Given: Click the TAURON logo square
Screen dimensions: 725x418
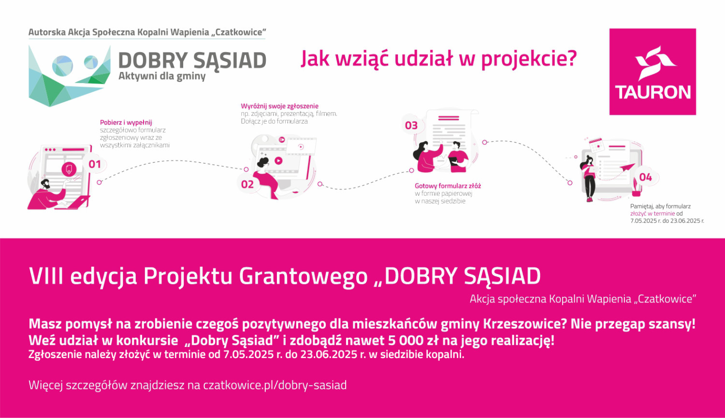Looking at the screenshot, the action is (x=652, y=72).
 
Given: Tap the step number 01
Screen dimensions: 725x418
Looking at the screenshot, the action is (x=95, y=164).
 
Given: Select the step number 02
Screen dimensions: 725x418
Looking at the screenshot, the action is (x=247, y=185).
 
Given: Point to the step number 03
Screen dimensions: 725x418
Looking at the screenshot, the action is (x=411, y=126).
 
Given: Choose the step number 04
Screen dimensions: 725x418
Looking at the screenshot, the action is (x=645, y=177).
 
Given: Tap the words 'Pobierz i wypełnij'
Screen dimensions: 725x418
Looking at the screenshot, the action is (x=126, y=122).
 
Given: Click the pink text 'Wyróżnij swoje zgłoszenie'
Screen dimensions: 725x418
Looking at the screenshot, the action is (x=280, y=106).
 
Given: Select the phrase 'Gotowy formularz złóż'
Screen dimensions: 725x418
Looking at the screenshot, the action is (x=448, y=186).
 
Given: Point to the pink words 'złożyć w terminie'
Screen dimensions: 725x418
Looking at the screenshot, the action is (x=652, y=214).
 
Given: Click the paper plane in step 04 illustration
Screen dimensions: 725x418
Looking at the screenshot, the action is (x=627, y=168).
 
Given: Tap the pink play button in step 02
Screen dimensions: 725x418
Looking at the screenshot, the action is (x=278, y=160).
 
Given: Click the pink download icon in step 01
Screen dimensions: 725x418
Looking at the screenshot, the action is (x=69, y=169).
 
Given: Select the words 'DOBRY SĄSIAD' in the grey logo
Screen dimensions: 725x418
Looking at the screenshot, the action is (x=192, y=60).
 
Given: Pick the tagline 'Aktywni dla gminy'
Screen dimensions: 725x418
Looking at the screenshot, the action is (x=162, y=76).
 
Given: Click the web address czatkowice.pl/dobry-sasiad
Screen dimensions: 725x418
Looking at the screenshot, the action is (x=275, y=385).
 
